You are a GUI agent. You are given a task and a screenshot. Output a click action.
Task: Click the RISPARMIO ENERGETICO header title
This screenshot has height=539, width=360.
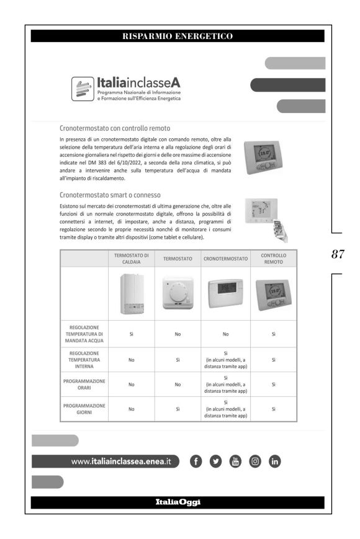[178, 36]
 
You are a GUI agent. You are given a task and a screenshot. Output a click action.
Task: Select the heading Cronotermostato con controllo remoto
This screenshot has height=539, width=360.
[107, 128]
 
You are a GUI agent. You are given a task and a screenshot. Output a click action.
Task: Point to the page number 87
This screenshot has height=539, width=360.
[338, 254]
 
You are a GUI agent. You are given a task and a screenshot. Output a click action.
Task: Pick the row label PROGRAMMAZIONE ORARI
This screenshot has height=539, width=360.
[84, 384]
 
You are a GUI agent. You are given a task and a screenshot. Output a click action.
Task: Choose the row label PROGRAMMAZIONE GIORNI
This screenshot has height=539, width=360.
[84, 409]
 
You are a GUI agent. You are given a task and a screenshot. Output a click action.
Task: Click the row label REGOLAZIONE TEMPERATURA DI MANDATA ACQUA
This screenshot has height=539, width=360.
[84, 333]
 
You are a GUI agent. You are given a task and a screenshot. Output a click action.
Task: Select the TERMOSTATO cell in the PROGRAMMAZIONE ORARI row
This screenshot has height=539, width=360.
[177, 384]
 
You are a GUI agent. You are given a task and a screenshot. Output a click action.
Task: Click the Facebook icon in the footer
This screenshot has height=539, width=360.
[196, 461]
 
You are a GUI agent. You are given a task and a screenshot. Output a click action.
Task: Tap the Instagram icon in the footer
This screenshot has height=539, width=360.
[254, 461]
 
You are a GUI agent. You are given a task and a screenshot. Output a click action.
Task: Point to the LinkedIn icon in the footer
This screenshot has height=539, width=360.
[274, 461]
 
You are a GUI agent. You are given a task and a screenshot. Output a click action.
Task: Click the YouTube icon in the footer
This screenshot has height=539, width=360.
[235, 461]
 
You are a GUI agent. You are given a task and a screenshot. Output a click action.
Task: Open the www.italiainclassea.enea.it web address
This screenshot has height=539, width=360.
[121, 461]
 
